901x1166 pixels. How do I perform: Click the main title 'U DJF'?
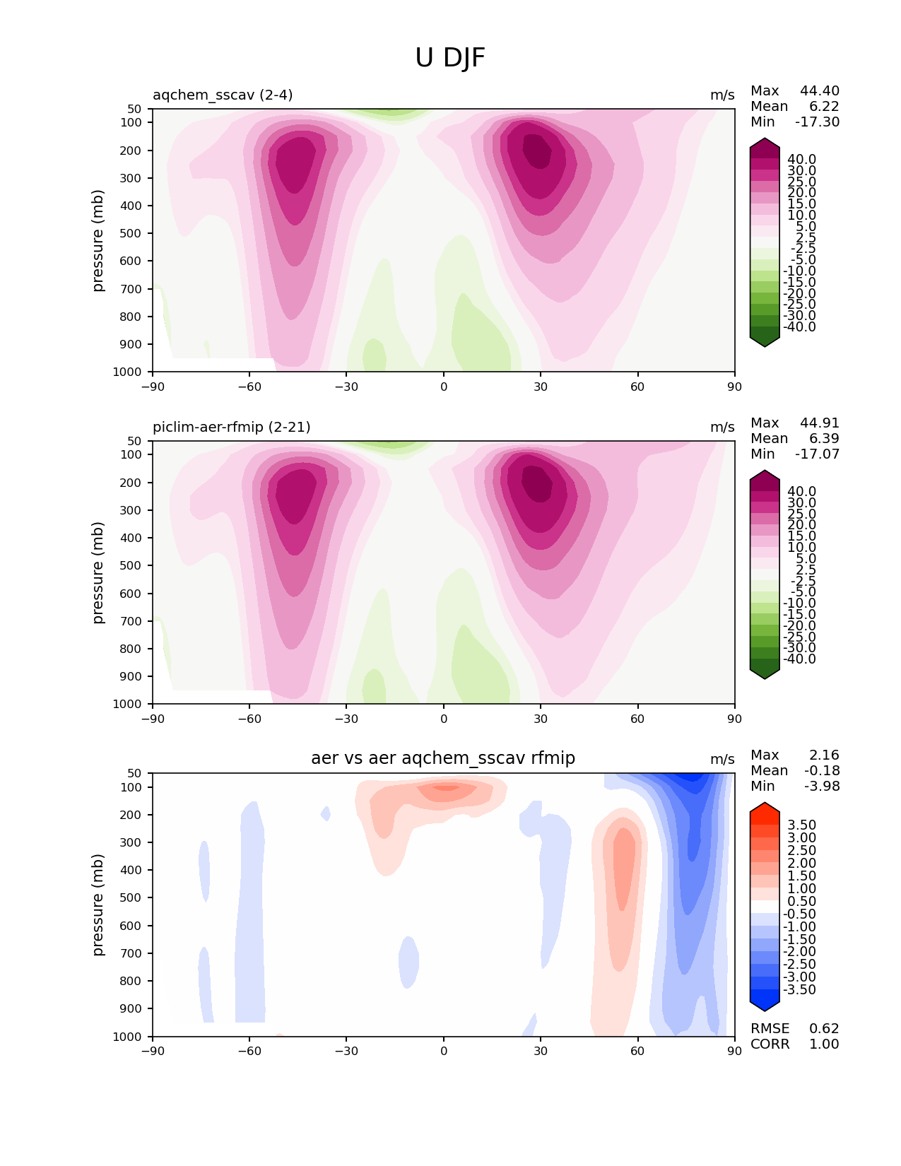pos(450,58)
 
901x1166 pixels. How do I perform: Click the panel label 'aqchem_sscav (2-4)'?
pos(223,95)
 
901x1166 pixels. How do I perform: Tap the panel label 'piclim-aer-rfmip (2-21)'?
pos(231,427)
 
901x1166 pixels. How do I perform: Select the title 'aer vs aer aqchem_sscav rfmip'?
pos(443,758)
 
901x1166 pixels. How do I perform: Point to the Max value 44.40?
pos(820,90)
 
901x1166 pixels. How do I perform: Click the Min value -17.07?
pos(818,454)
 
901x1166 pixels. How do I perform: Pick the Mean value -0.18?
pos(822,770)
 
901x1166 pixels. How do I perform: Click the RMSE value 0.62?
pos(824,1028)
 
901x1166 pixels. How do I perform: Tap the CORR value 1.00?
pos(824,1044)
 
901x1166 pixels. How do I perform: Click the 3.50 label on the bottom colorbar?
pos(801,825)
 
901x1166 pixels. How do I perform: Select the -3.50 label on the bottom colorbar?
pos(799,989)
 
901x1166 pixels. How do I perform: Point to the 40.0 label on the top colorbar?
pos(801,160)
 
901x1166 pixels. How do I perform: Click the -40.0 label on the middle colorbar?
pos(799,659)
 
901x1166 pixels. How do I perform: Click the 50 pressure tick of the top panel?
pos(135,109)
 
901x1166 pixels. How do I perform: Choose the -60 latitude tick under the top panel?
pos(249,387)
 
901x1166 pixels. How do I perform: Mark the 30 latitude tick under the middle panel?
pos(541,719)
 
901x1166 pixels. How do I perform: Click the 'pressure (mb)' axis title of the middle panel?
pos(98,572)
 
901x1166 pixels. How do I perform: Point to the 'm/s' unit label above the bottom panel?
pos(722,759)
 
